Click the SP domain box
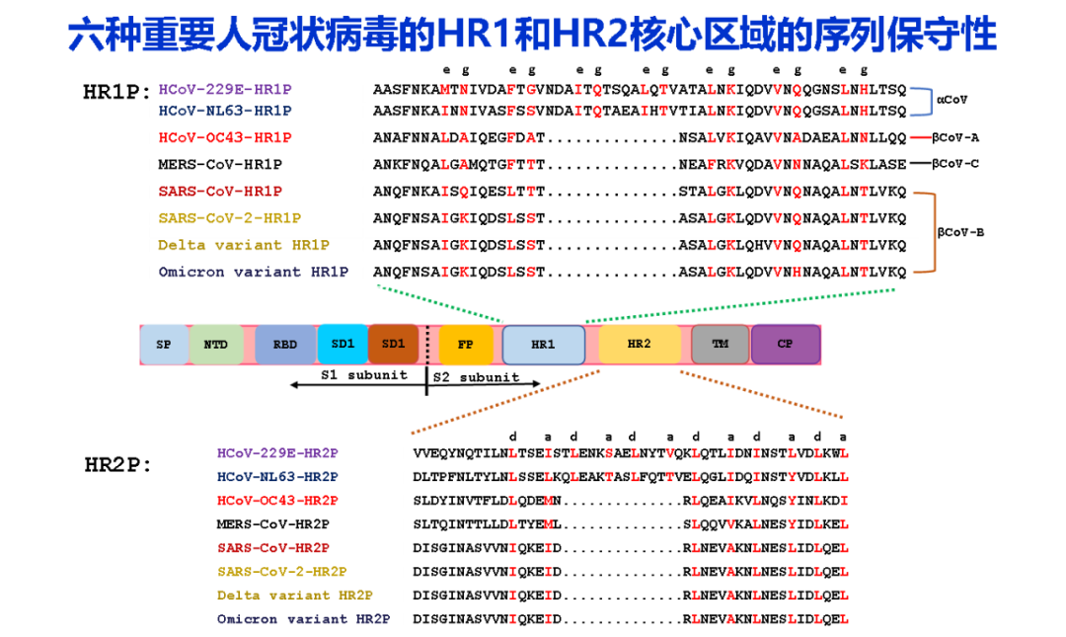tap(163, 345)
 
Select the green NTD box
tap(215, 345)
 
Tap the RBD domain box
tap(284, 345)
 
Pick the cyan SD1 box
tap(343, 344)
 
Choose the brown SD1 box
tap(393, 344)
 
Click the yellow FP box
tap(465, 345)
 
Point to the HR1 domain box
tap(543, 345)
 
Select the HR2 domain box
tap(639, 344)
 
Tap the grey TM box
tap(720, 344)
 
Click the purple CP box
tap(785, 344)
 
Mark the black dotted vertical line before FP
tap(427, 346)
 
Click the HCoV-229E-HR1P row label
tap(225, 90)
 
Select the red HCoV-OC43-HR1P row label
tap(225, 138)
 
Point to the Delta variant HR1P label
tap(244, 245)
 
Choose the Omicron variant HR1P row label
tap(253, 272)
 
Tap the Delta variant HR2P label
tap(295, 596)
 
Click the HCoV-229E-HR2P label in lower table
tap(277, 453)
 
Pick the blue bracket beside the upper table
tap(927, 102)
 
